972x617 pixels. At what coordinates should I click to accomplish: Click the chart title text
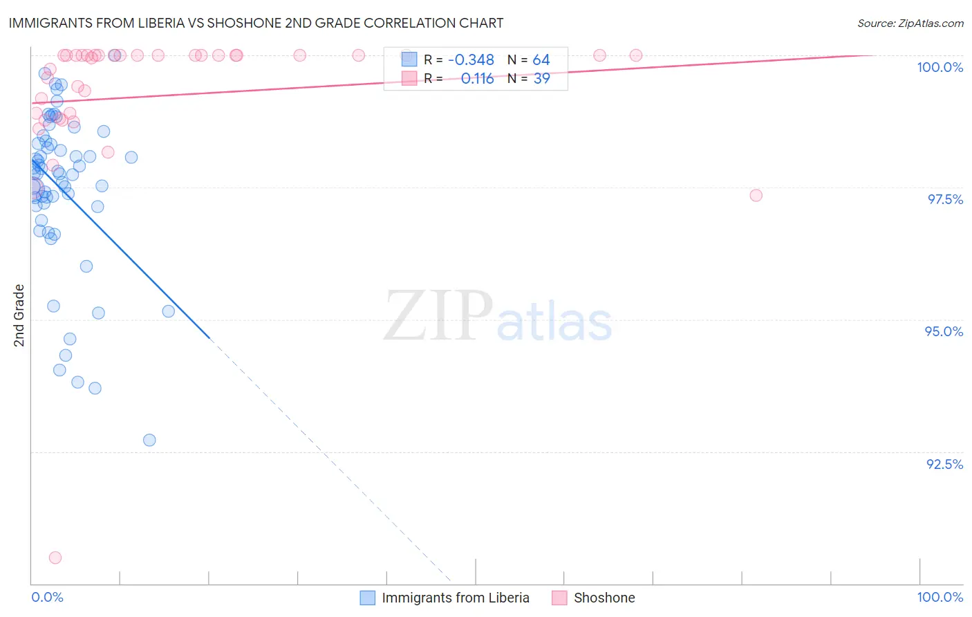pyautogui.click(x=256, y=23)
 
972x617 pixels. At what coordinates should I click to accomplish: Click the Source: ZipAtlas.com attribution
pyautogui.click(x=910, y=23)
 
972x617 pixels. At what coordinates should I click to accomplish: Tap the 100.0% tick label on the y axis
pyautogui.click(x=940, y=67)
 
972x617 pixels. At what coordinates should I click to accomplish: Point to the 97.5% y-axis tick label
pyautogui.click(x=944, y=199)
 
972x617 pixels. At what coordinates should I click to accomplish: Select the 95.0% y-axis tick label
pyautogui.click(x=944, y=331)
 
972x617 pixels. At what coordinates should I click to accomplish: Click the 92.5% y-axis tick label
pyautogui.click(x=944, y=464)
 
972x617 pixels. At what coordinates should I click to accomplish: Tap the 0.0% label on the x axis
pyautogui.click(x=47, y=597)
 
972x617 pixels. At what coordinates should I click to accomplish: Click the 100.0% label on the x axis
pyautogui.click(x=940, y=597)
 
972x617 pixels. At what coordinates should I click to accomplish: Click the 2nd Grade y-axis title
pyautogui.click(x=19, y=315)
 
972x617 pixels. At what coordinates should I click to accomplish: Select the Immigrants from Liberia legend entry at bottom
pyautogui.click(x=445, y=598)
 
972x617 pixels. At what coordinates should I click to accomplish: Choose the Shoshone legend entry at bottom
pyautogui.click(x=594, y=598)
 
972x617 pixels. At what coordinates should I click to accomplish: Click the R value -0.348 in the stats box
pyautogui.click(x=471, y=59)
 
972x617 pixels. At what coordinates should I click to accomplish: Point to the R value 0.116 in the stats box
pyautogui.click(x=477, y=78)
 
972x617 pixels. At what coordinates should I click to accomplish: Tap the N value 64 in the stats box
pyautogui.click(x=541, y=59)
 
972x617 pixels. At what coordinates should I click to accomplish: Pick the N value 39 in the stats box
pyautogui.click(x=541, y=78)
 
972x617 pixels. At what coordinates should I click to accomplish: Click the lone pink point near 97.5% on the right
pyautogui.click(x=756, y=195)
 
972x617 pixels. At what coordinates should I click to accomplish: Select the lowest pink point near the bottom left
pyautogui.click(x=55, y=558)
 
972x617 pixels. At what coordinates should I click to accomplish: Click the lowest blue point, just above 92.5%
pyautogui.click(x=149, y=440)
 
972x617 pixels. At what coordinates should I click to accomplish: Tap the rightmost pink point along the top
pyautogui.click(x=636, y=55)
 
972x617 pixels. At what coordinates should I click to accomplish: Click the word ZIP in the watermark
pyautogui.click(x=438, y=316)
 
